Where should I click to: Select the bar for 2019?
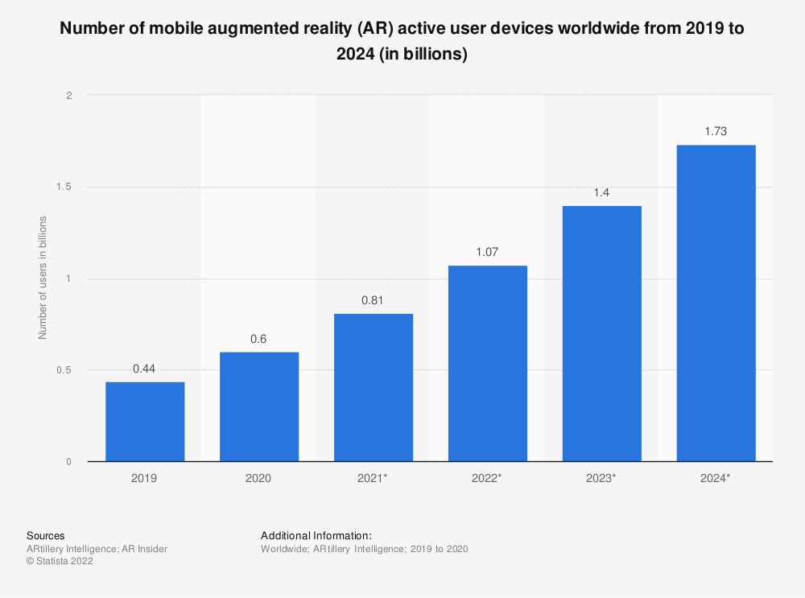[145, 422]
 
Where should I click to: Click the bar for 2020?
[259, 406]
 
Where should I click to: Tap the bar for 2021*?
[374, 387]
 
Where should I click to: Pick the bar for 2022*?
[488, 364]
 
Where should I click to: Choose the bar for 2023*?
[602, 333]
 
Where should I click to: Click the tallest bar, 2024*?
[716, 303]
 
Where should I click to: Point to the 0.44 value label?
[145, 369]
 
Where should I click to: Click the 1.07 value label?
[488, 252]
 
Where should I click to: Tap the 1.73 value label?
[716, 131]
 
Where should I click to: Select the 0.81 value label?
[374, 300]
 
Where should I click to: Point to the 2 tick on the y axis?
[68, 96]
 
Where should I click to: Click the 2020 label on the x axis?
[259, 478]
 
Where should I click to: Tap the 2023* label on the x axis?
[602, 478]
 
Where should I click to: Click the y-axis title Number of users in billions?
[43, 278]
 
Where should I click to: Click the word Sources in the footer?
[46, 535]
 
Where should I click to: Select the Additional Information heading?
[316, 535]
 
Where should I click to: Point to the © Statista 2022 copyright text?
[60, 562]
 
